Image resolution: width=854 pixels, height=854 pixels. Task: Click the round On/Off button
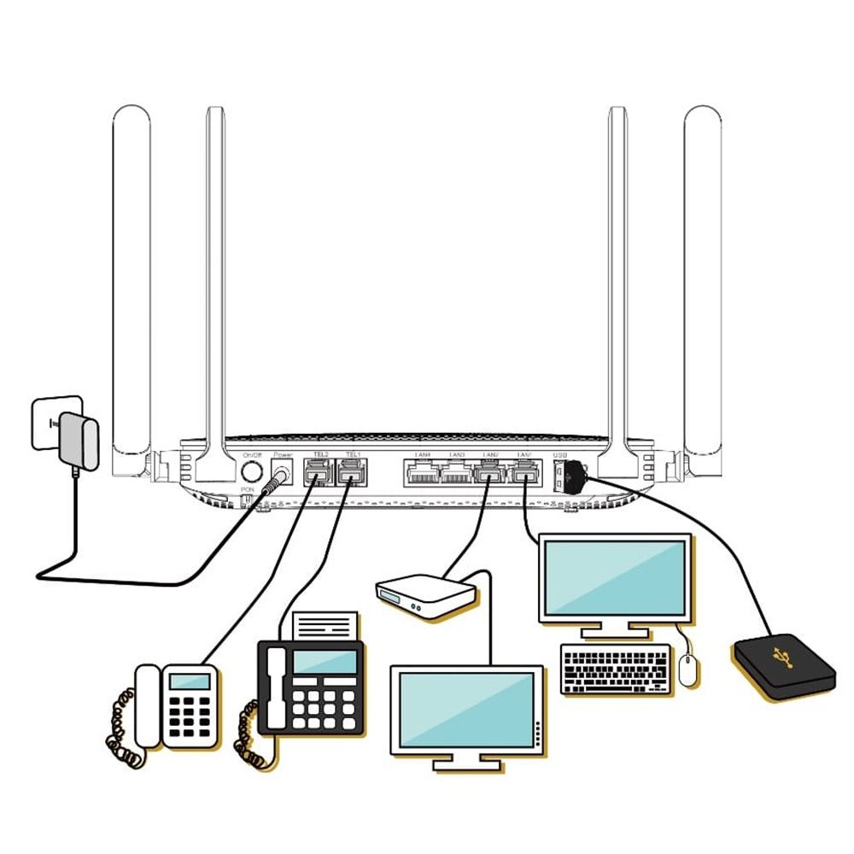pos(251,471)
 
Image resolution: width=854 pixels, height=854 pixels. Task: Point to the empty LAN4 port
pos(421,471)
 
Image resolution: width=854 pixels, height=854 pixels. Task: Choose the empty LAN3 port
pos(456,471)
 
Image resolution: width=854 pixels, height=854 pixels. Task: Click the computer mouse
pos(689,670)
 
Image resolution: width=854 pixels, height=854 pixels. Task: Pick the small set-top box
pos(424,595)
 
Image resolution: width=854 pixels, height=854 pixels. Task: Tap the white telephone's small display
pos(190,681)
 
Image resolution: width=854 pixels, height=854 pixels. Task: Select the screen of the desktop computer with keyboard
pos(615,578)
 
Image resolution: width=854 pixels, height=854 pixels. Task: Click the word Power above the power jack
pos(282,455)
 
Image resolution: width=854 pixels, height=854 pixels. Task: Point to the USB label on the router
pos(559,455)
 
